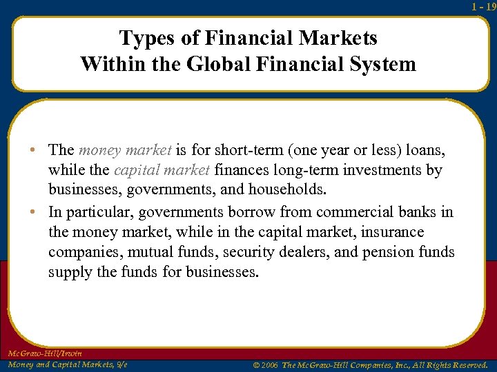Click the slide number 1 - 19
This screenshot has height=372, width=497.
[483, 6]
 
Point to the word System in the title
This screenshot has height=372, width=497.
[380, 64]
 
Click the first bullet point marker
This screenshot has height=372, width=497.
[39, 150]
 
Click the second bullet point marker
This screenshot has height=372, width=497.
[39, 212]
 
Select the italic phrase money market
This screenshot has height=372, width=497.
[125, 149]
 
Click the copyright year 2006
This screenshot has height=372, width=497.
[270, 364]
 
